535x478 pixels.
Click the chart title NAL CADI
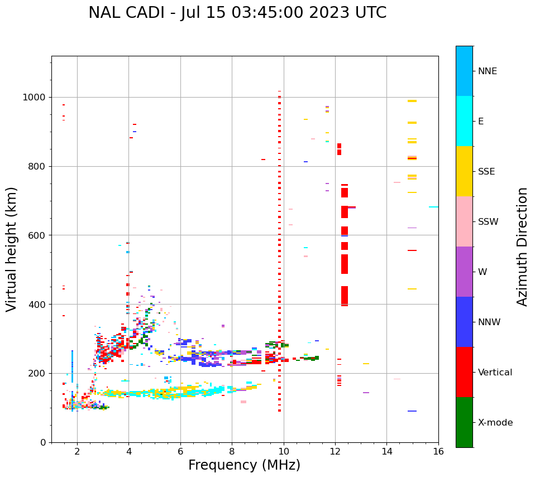[237, 13]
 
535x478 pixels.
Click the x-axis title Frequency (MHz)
[244, 465]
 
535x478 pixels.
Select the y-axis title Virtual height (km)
[12, 249]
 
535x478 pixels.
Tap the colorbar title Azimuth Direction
[522, 247]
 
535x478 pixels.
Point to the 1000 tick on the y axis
[37, 98]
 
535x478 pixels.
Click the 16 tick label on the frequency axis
[438, 451]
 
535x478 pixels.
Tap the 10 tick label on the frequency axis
[284, 451]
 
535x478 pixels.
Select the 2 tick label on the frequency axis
[77, 451]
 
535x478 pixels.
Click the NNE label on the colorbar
[487, 71]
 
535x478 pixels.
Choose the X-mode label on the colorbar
[495, 423]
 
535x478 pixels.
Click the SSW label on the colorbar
[488, 222]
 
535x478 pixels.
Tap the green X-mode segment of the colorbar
[464, 422]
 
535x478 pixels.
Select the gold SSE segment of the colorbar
[464, 171]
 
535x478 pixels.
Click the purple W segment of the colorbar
[464, 272]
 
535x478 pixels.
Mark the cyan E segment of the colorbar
[464, 121]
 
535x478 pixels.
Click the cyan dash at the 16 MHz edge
[433, 207]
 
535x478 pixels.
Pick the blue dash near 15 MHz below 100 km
[412, 411]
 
